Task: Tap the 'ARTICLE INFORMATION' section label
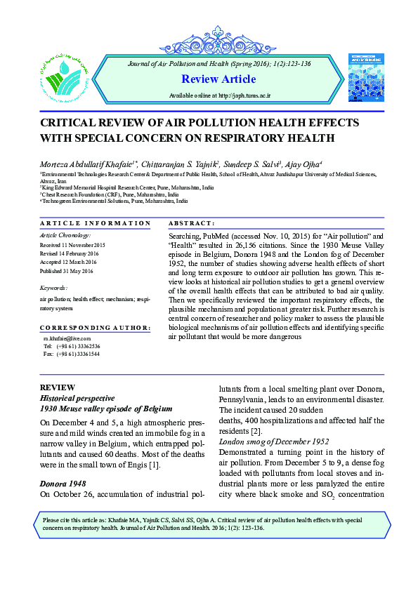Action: pyautogui.click(x=95, y=223)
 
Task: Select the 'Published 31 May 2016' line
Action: pyautogui.click(x=67, y=271)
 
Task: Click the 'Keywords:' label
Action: pyautogui.click(x=54, y=288)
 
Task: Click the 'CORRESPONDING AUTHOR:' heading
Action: pyautogui.click(x=95, y=328)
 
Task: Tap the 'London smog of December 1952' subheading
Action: pyautogui.click(x=275, y=441)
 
